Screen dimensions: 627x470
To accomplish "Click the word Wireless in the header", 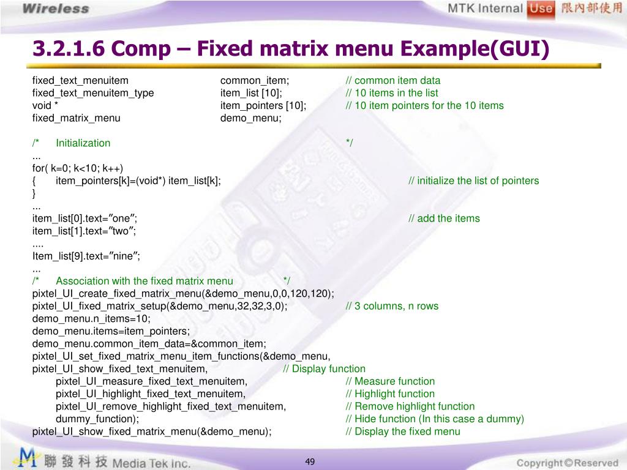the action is (56, 9).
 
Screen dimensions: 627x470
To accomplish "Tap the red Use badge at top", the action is (541, 8).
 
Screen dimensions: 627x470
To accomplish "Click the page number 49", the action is (310, 461).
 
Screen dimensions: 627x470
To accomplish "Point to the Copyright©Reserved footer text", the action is (567, 463).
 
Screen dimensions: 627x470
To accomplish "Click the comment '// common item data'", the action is (393, 80).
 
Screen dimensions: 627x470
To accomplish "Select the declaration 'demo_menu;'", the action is (250, 118).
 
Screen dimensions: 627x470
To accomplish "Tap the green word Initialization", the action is (83, 143).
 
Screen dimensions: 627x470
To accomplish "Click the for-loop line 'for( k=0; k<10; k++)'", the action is (78, 168).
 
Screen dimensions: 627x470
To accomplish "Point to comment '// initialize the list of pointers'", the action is (474, 181).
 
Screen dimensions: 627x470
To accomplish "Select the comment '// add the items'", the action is (445, 218).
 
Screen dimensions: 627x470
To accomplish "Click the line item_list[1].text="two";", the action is (84, 231).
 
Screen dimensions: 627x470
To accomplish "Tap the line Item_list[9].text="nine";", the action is (86, 256).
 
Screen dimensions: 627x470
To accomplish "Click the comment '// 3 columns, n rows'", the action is (392, 306).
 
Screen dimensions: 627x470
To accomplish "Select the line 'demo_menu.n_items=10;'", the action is (91, 318).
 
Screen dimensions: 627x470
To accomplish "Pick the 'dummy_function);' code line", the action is (97, 419).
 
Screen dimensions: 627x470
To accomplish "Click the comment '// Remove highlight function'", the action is (410, 406).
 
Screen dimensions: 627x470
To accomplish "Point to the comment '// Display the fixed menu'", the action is (403, 431).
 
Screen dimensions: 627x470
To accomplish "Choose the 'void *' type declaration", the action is (45, 105).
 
